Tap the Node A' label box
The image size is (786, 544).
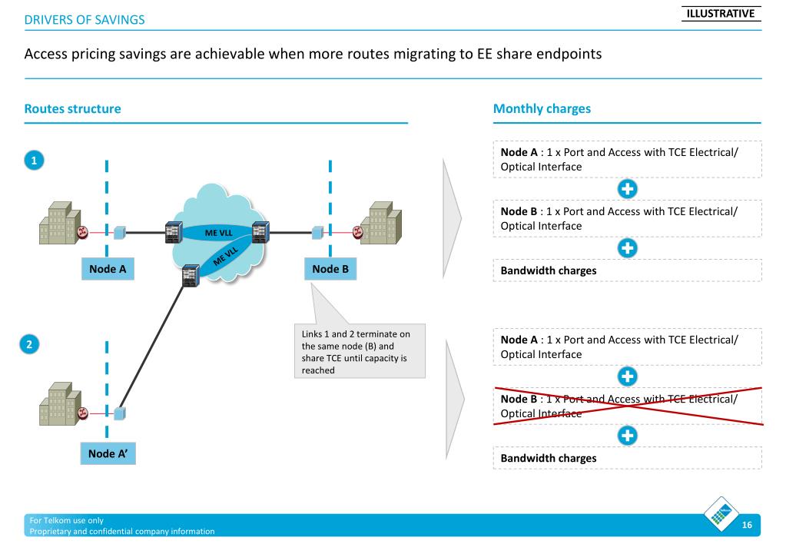coord(107,453)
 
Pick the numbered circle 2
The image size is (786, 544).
coord(30,344)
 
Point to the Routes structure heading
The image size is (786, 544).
coord(73,109)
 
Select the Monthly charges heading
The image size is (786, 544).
coord(542,109)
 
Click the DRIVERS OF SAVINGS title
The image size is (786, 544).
coord(85,19)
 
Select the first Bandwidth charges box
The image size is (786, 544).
coord(627,270)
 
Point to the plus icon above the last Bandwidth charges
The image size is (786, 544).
coord(627,434)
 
